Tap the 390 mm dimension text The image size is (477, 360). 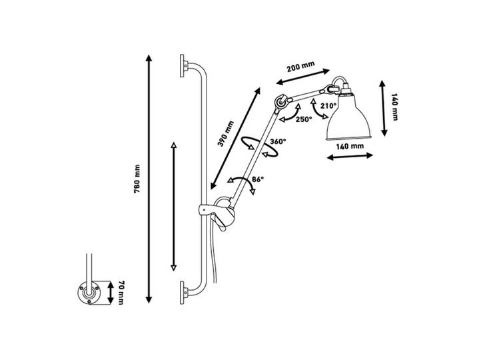(227, 133)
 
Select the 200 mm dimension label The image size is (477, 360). (301, 66)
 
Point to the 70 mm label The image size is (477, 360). (121, 293)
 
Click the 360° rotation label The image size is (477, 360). (278, 141)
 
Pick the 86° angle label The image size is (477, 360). (258, 179)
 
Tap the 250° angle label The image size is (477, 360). (304, 119)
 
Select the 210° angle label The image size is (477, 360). (328, 106)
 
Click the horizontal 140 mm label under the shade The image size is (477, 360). (350, 146)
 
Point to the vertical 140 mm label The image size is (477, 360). (395, 107)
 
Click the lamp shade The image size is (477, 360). (348, 118)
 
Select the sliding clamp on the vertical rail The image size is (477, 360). (217, 211)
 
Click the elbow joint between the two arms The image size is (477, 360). (280, 102)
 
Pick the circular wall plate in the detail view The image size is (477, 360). (89, 293)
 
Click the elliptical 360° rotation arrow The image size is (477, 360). (259, 147)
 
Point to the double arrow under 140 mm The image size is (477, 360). (350, 156)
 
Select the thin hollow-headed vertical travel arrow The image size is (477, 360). (174, 206)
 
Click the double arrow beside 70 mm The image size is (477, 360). (111, 293)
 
